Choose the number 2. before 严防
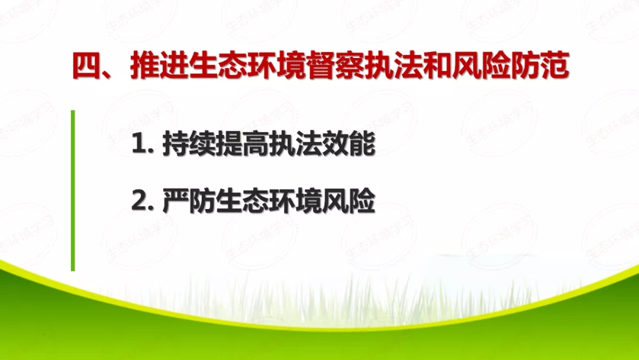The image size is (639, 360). click(144, 203)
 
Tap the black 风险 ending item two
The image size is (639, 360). click(350, 203)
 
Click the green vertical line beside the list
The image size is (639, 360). click(73, 189)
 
